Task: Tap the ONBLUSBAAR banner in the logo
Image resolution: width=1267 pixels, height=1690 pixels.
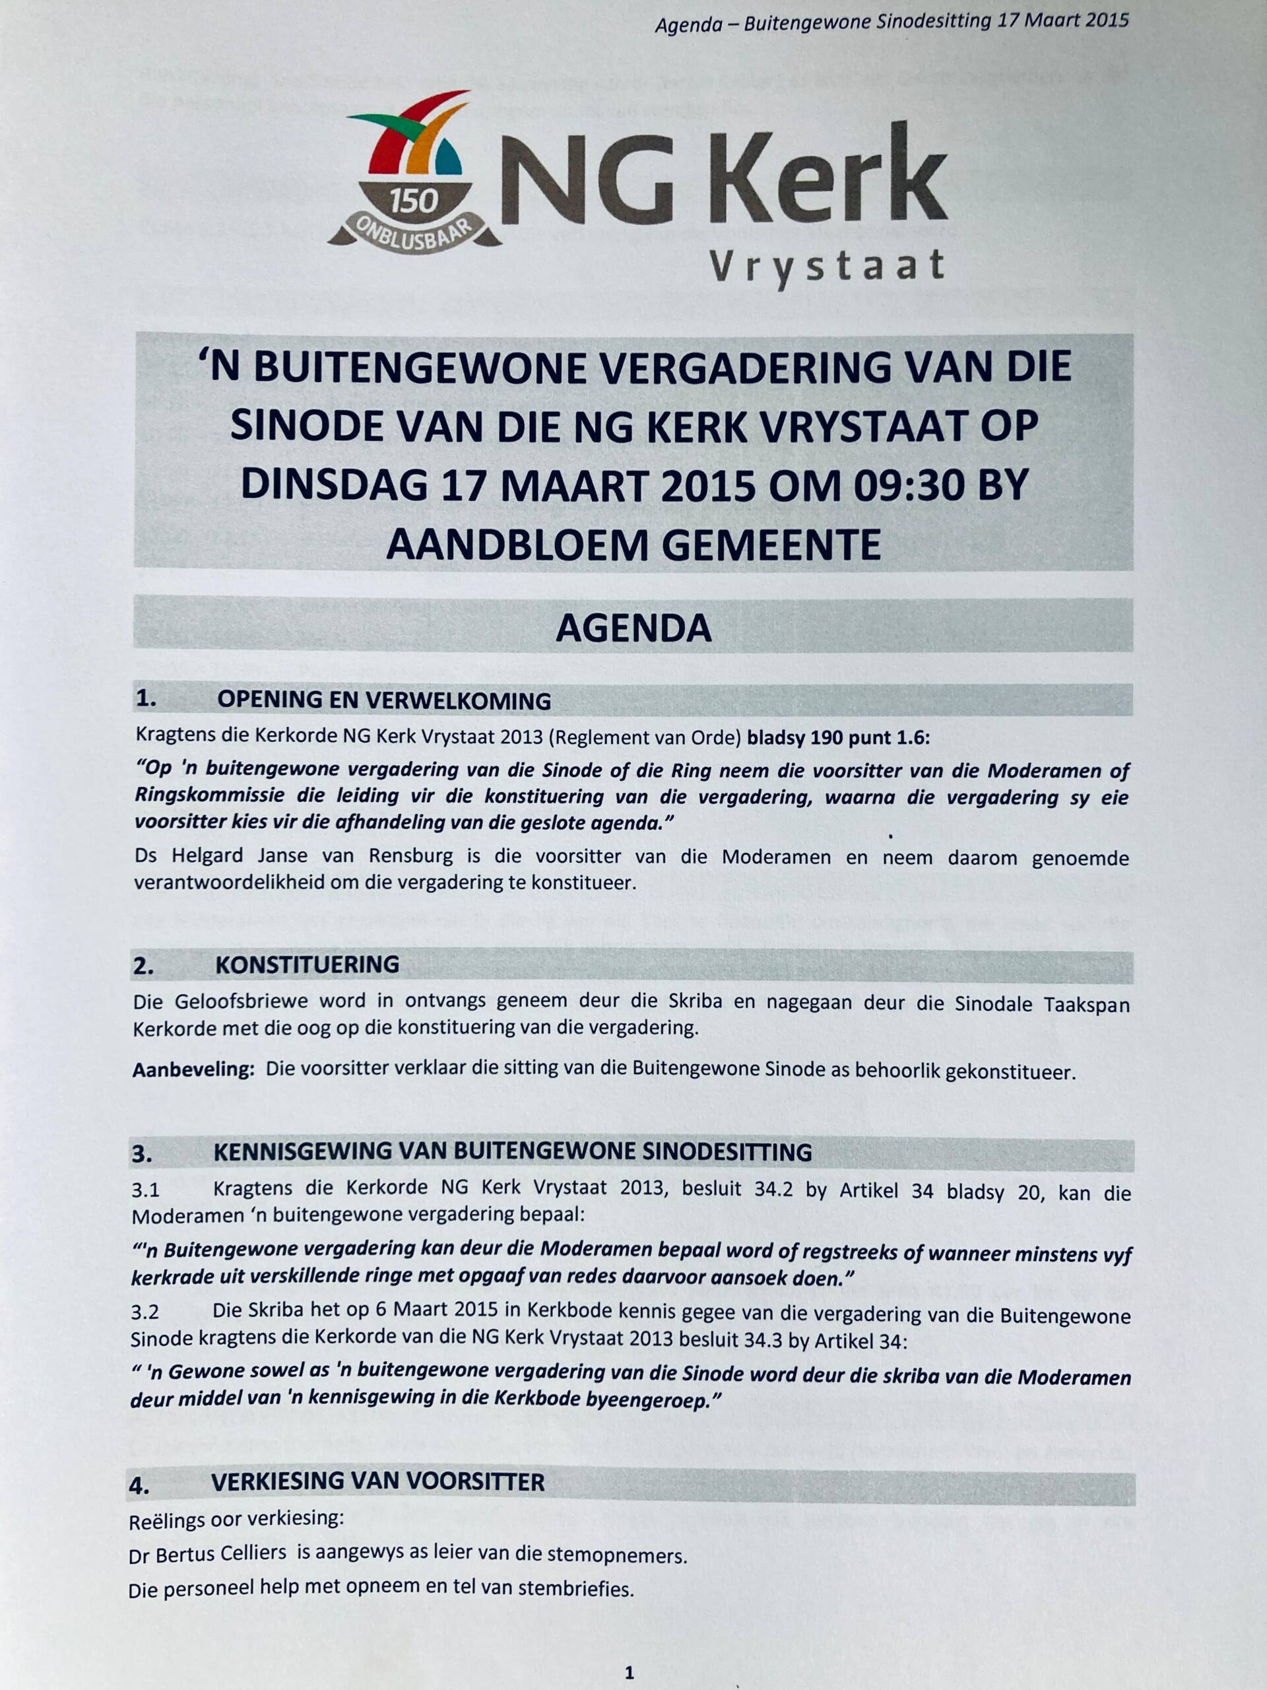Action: pos(414,232)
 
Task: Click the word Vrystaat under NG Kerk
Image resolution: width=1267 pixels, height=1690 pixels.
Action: pos(827,266)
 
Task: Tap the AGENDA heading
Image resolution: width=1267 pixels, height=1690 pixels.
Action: pos(633,628)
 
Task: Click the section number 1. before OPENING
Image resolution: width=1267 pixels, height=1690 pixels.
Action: pos(146,698)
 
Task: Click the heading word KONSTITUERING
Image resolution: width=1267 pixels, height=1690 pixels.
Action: pos(307,964)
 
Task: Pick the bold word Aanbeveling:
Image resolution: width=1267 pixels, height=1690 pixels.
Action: pos(193,1069)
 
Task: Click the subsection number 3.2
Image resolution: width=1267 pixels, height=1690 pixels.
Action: pos(145,1312)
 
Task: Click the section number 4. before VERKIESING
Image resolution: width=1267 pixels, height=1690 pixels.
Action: pos(140,1485)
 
